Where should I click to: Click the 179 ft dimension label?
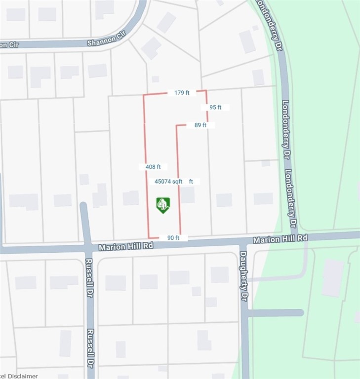tap(182, 92)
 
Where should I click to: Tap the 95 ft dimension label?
tap(215, 107)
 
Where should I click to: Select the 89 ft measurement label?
tap(200, 125)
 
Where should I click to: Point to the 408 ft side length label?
tap(153, 167)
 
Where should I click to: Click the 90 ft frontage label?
tap(173, 238)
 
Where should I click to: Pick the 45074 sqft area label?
tap(169, 182)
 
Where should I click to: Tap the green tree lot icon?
tap(163, 204)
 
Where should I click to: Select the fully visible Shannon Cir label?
tap(103, 42)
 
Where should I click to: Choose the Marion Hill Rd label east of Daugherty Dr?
tap(280, 238)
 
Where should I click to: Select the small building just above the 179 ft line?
tap(155, 79)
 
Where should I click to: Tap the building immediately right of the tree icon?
tap(187, 195)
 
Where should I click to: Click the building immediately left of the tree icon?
tap(131, 198)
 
